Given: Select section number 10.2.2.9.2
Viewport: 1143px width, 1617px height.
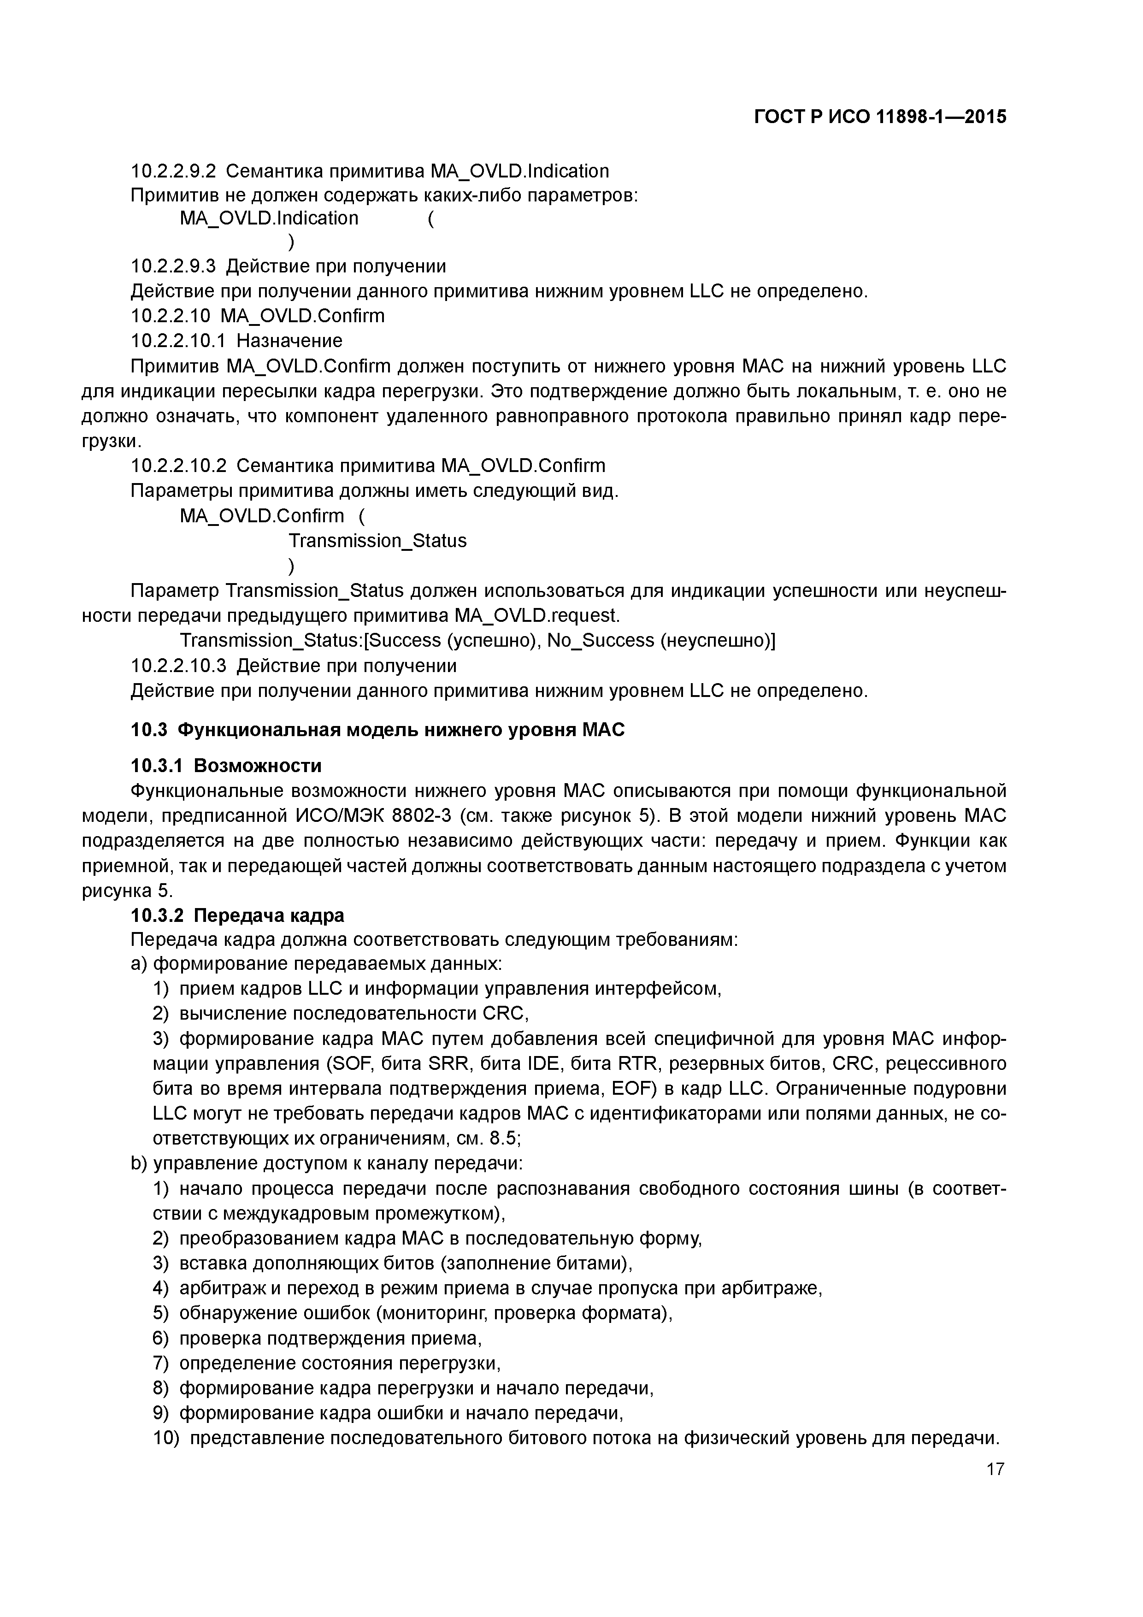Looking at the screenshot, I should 173,171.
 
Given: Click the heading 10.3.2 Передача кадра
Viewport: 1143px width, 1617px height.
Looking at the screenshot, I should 237,915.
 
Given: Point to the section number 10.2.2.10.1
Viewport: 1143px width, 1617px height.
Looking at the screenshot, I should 178,341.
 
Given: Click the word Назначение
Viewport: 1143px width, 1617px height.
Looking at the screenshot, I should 289,341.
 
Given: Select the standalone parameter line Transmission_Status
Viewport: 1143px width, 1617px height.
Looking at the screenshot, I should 377,541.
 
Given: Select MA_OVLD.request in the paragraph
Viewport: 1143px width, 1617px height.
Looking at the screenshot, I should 536,615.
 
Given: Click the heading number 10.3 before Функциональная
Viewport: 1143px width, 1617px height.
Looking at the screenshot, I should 148,730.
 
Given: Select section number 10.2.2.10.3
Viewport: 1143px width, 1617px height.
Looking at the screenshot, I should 178,666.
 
